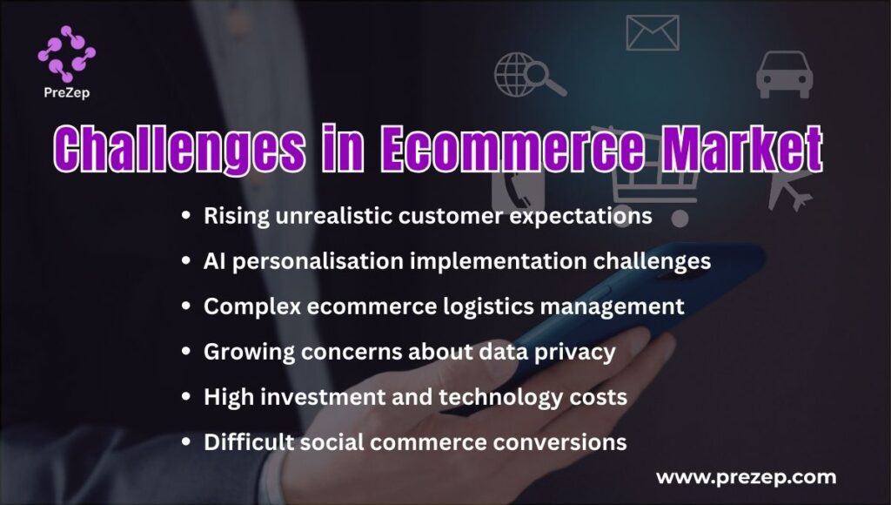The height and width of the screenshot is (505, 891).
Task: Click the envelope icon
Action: tap(653, 32)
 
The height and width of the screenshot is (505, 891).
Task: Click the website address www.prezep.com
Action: tap(745, 477)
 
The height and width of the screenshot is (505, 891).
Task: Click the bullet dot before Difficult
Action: tap(185, 442)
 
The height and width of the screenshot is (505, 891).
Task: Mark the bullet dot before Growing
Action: tap(185, 352)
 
